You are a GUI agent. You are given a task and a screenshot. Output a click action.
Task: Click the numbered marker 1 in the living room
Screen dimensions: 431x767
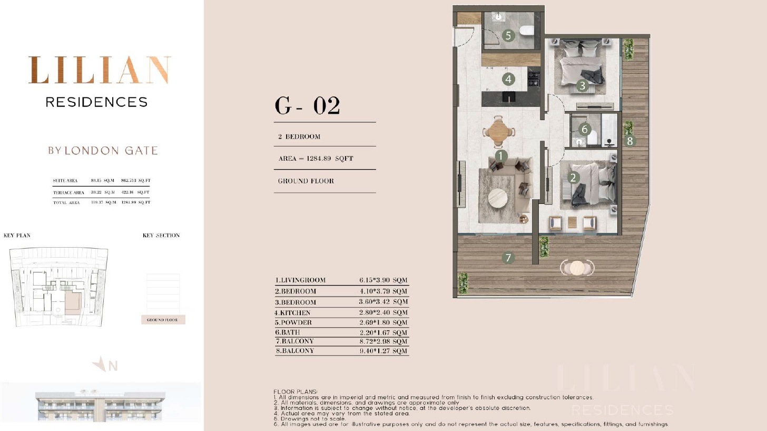click(501, 156)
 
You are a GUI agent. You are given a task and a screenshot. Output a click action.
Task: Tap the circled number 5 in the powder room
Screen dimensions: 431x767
click(508, 35)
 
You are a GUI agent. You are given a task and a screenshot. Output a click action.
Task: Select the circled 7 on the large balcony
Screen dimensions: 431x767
click(508, 258)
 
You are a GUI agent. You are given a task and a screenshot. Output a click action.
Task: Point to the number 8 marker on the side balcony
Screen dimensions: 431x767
click(630, 141)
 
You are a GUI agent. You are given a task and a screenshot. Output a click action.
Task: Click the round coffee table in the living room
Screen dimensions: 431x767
click(498, 199)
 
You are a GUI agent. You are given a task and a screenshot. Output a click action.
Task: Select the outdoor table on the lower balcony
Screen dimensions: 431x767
click(577, 268)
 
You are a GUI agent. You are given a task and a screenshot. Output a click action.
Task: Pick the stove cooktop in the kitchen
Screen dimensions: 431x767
click(534, 79)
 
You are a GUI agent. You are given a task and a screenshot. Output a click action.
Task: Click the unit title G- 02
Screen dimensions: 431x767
click(307, 105)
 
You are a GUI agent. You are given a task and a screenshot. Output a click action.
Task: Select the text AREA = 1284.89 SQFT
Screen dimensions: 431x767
click(316, 159)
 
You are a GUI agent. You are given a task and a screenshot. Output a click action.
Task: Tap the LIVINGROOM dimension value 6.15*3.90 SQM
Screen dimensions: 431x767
click(383, 280)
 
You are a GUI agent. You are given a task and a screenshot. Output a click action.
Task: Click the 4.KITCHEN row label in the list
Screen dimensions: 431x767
click(292, 312)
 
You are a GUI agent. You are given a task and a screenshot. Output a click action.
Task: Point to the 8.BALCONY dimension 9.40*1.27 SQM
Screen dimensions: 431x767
click(383, 351)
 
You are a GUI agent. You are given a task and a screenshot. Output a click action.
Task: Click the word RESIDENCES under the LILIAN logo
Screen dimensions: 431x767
click(97, 102)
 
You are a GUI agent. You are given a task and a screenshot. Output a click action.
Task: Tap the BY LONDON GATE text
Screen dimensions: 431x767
click(103, 151)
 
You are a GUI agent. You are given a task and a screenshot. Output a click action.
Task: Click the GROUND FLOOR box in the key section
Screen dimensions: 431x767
click(163, 320)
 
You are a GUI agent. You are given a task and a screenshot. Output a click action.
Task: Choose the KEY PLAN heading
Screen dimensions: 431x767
click(17, 236)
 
